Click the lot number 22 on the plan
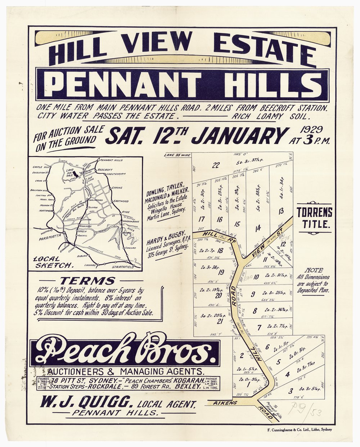pyautogui.click(x=216, y=165)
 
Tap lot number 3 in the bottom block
pyautogui.click(x=291, y=389)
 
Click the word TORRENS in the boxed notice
pyautogui.click(x=314, y=212)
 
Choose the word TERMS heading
pyautogui.click(x=88, y=281)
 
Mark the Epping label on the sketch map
pyautogui.click(x=117, y=188)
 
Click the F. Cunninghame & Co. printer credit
pyautogui.click(x=300, y=429)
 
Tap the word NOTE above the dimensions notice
pyautogui.click(x=314, y=270)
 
